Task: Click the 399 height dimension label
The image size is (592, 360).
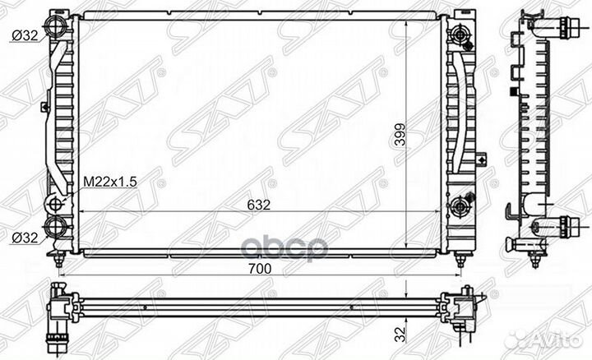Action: pyautogui.click(x=400, y=135)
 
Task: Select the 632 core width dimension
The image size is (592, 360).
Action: pyautogui.click(x=259, y=205)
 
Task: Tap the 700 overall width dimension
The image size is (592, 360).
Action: pyautogui.click(x=260, y=269)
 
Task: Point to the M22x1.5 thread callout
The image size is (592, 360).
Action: pyautogui.click(x=110, y=182)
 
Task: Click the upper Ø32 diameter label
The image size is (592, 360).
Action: pyautogui.click(x=25, y=36)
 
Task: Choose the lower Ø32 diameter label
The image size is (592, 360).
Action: pyautogui.click(x=25, y=238)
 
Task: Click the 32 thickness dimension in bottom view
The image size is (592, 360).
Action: pyautogui.click(x=400, y=335)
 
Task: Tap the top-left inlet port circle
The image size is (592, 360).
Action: pyautogui.click(x=56, y=26)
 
